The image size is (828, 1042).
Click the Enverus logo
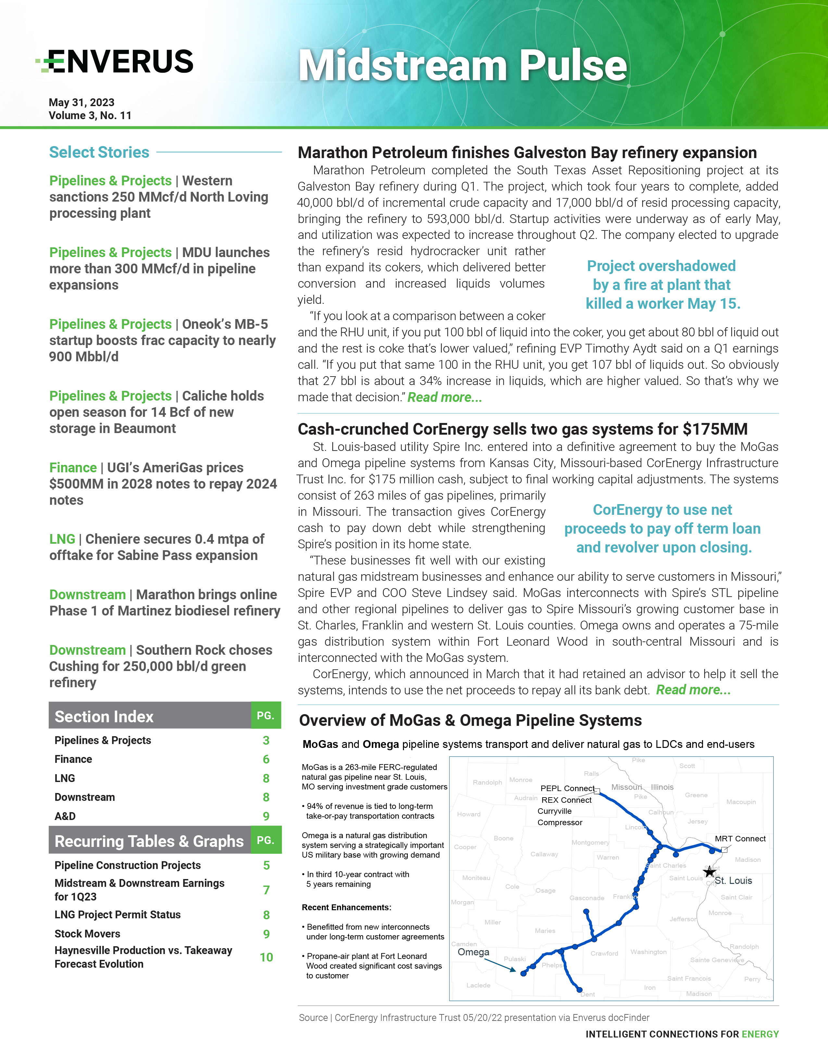point(115,61)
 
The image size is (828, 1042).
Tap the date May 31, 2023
point(81,103)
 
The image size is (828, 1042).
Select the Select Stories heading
point(99,152)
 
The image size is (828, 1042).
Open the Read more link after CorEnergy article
point(693,690)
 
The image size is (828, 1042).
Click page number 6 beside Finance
point(266,759)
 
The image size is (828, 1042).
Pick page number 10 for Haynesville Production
point(266,957)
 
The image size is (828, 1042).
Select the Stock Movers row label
point(87,934)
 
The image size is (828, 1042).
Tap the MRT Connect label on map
point(740,838)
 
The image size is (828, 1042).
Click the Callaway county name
point(544,854)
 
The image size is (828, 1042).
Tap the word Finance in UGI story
point(73,468)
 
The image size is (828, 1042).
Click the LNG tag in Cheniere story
point(62,539)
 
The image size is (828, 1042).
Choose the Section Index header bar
point(150,716)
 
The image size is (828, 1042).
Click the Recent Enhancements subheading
point(346,907)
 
